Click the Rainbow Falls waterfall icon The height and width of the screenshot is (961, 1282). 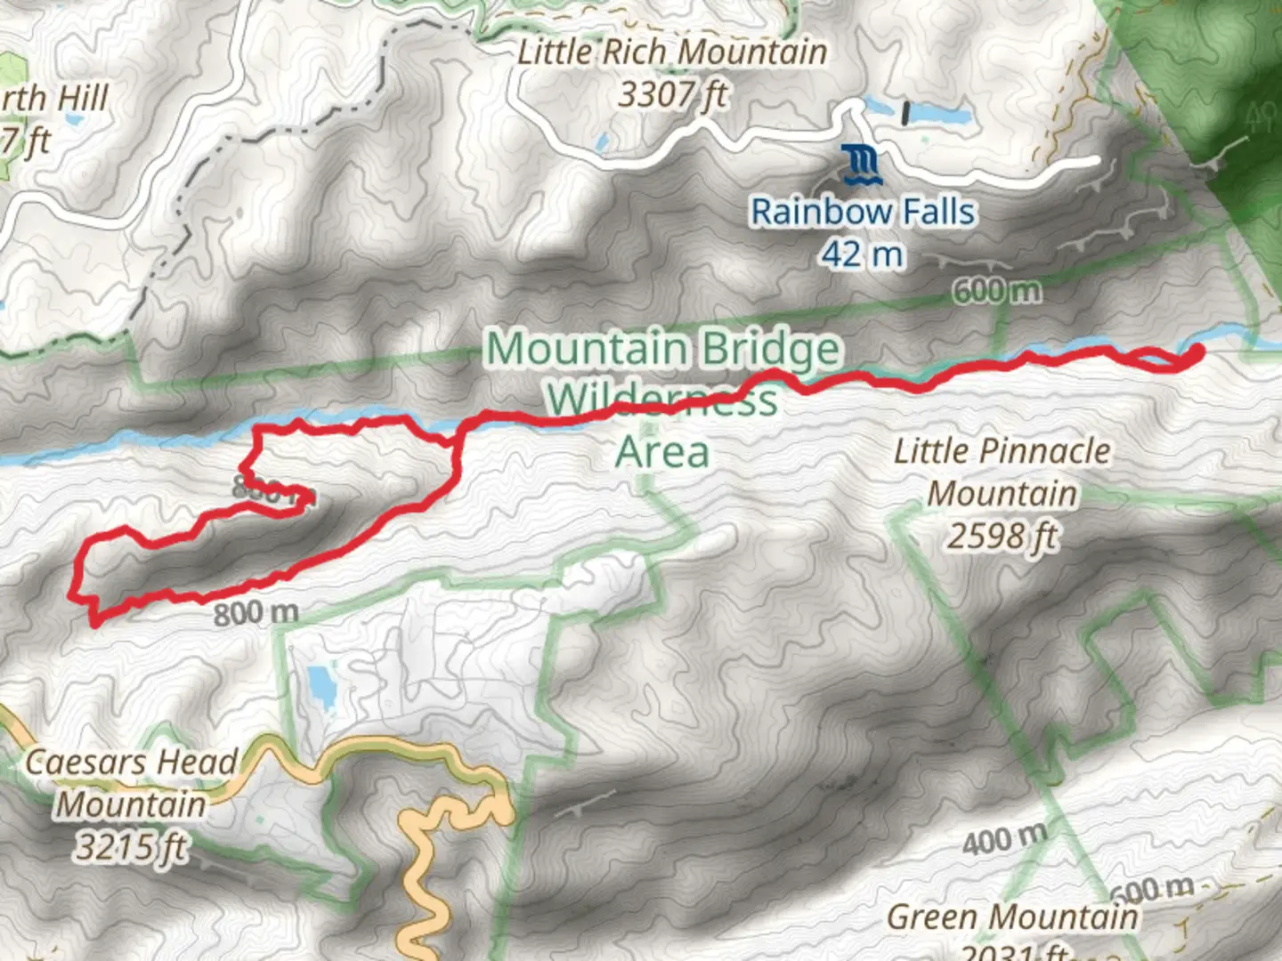tap(862, 166)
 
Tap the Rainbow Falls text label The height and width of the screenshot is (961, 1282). tap(862, 213)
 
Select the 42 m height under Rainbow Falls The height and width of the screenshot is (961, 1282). tap(862, 255)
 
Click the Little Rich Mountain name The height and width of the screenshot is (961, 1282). tap(672, 52)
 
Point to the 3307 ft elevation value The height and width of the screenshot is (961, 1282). tap(672, 94)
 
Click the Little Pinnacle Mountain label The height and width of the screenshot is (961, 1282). tap(1002, 472)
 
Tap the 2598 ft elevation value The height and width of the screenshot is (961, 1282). tap(1002, 537)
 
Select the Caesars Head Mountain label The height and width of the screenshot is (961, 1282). tap(132, 783)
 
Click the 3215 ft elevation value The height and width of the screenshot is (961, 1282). tap(132, 846)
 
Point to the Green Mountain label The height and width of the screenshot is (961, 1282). tap(1012, 917)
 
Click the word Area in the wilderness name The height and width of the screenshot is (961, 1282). tap(662, 452)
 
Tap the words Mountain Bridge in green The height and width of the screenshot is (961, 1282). tap(662, 348)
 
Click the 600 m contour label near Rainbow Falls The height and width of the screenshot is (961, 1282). tap(996, 291)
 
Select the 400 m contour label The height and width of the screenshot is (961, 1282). tap(1004, 839)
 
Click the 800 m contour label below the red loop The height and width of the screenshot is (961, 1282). tap(256, 613)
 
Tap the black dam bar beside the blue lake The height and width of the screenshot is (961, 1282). tap(906, 113)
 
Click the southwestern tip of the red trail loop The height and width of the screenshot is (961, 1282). tap(93, 622)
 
